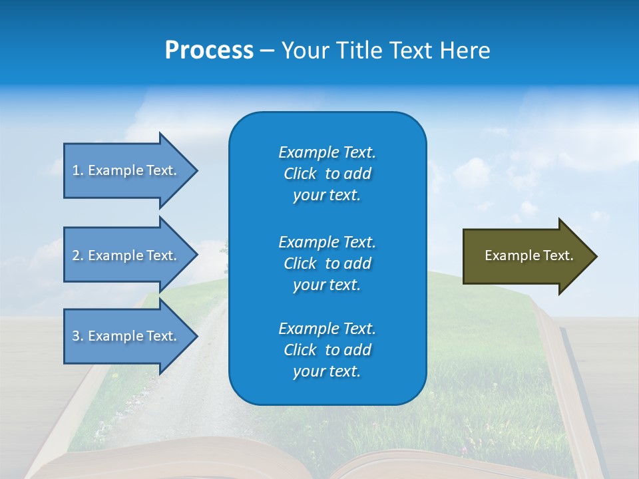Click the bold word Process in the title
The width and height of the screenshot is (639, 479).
tap(209, 51)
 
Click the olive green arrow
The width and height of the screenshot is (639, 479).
tap(526, 256)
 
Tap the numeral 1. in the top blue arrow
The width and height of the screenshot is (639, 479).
tap(78, 170)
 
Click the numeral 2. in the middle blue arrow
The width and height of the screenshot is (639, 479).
tap(78, 255)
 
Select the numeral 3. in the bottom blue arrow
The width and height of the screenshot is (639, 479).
tap(78, 336)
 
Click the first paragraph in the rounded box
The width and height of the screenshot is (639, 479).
tap(327, 174)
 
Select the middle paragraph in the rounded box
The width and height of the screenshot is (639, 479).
tap(327, 263)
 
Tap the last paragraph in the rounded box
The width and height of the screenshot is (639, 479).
tap(327, 350)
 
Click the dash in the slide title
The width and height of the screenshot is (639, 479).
tap(267, 51)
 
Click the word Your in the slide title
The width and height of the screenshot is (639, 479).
tap(306, 51)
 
